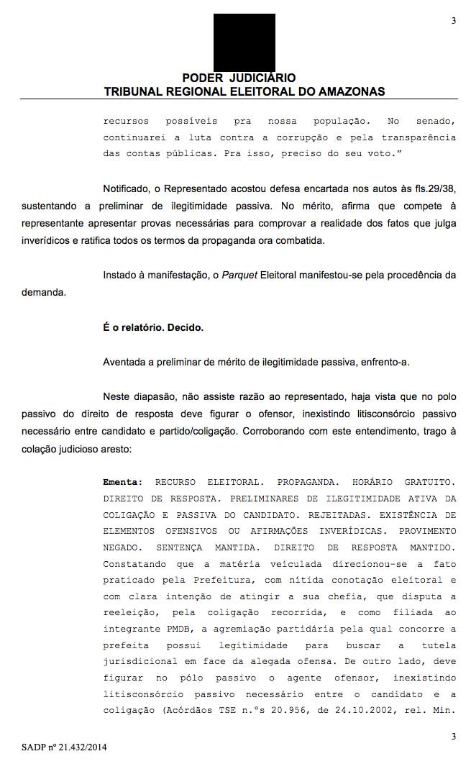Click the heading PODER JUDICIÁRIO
239,78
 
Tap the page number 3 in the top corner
453,21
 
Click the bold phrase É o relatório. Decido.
153,327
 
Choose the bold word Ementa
122,481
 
